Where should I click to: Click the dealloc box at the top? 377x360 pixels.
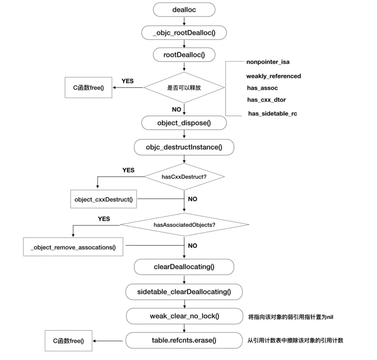[184, 10]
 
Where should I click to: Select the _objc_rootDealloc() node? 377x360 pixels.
[184, 33]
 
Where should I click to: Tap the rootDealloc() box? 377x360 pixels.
[184, 55]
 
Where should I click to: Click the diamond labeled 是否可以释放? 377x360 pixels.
[184, 87]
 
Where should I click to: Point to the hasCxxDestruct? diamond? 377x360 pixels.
[184, 177]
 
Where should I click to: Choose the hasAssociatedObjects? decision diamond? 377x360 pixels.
[185, 225]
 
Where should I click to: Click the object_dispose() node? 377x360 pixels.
[184, 123]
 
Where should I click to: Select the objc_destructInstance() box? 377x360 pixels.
[184, 147]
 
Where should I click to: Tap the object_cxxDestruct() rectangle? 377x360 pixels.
[104, 199]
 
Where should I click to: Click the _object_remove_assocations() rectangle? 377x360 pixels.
[73, 247]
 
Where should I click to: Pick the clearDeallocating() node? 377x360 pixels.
[184, 267]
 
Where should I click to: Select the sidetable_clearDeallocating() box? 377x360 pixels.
[184, 292]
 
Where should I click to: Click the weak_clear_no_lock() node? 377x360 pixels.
[185, 316]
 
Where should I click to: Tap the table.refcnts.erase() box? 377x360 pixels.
[184, 340]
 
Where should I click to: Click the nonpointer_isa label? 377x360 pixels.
[268, 62]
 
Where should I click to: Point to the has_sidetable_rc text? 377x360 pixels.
[273, 114]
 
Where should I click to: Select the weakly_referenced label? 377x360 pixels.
[273, 76]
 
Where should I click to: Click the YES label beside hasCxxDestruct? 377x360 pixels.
[128, 170]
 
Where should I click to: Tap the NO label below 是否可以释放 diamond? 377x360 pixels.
[176, 109]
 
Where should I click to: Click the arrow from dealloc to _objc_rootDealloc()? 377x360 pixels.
[184, 21]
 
